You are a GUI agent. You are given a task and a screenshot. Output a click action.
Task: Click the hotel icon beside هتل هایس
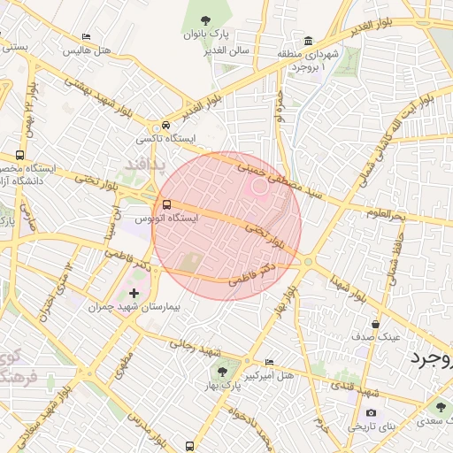86,37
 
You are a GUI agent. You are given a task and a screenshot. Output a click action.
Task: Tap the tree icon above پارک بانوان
205,19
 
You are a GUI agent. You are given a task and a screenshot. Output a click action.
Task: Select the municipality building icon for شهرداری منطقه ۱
308,41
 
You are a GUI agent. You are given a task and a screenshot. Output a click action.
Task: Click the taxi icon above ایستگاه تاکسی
165,127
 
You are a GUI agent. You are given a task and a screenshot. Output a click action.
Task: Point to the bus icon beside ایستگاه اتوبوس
166,205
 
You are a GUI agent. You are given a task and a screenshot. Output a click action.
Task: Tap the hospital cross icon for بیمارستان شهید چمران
134,293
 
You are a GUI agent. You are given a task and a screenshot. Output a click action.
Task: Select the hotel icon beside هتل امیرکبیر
270,363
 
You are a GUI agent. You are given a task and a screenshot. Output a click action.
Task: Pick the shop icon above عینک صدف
375,324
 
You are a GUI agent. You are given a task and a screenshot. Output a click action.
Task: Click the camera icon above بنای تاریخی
370,413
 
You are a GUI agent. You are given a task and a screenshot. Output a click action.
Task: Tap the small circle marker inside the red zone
260,186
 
